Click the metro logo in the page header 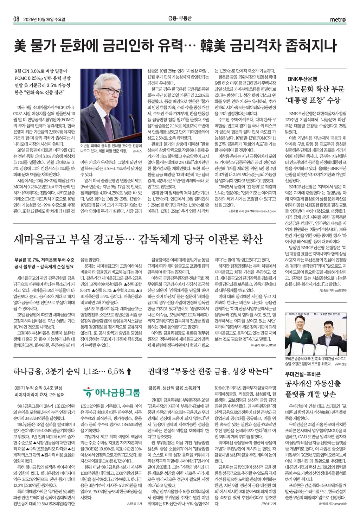pos(338,19)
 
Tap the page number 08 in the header pos(16,19)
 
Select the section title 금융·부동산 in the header pos(180,19)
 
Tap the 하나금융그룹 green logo pos(111,392)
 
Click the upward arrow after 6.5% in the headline pos(129,371)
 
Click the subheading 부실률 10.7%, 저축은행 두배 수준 pos(44,260)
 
